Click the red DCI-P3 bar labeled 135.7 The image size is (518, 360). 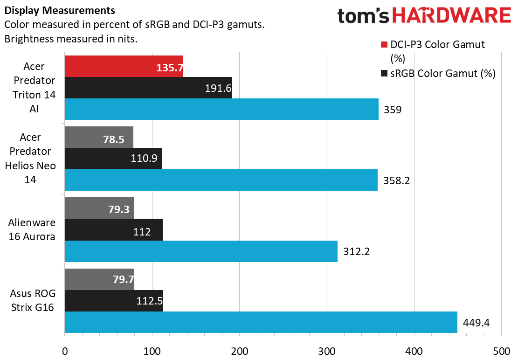pyautogui.click(x=124, y=66)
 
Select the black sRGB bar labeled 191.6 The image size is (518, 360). pyautogui.click(x=148, y=88)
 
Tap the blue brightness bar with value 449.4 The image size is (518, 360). pyautogui.click(x=261, y=322)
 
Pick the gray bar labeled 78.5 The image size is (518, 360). pyautogui.click(x=99, y=137)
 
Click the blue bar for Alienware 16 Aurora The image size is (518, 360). pyautogui.click(x=200, y=251)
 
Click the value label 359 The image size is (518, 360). pyautogui.click(x=392, y=110)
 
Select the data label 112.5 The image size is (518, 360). pyautogui.click(x=149, y=301)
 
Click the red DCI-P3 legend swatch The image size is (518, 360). pyautogui.click(x=384, y=45)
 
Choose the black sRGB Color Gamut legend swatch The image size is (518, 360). pyautogui.click(x=384, y=73)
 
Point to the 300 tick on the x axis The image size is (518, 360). pyautogui.click(x=326, y=351)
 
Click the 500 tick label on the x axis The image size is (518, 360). pyautogui.click(x=501, y=351)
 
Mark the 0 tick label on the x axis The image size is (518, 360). pyautogui.click(x=65, y=351)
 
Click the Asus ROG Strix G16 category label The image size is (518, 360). pyautogui.click(x=32, y=301)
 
